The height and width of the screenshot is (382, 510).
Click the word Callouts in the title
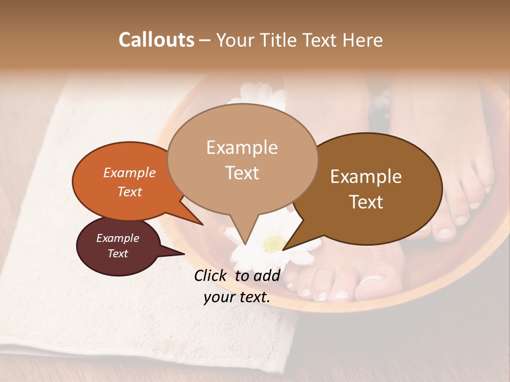[x=156, y=40]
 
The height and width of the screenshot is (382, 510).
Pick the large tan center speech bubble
[x=242, y=159]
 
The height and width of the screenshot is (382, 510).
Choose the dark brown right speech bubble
[x=372, y=188]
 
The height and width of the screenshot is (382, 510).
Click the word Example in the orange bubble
[x=130, y=173]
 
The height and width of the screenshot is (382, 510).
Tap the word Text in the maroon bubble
[x=118, y=254]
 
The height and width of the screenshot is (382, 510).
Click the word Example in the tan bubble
[x=242, y=147]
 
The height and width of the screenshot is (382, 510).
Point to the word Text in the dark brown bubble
[x=367, y=202]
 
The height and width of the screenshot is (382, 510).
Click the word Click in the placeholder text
[x=211, y=275]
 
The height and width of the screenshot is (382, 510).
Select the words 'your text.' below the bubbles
[x=237, y=298]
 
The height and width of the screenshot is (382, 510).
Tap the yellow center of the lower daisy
[x=274, y=244]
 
